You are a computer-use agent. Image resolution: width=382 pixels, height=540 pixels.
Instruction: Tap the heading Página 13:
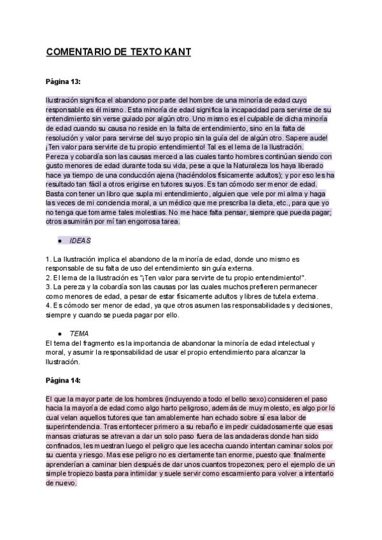pos(63,82)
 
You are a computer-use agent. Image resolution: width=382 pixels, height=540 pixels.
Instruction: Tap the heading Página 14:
pos(63,380)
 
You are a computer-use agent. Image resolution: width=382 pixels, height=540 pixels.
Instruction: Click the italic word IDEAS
pos(80,241)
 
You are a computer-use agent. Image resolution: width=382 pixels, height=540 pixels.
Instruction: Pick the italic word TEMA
pos(79,333)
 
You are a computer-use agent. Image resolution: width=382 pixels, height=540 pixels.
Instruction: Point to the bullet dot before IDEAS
pos(59,242)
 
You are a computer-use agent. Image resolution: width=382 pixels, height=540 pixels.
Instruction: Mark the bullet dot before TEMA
pos(59,334)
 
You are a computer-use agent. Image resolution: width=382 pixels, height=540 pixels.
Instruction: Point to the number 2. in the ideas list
pos(48,278)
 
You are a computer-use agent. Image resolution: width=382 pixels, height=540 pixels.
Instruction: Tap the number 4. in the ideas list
pos(48,305)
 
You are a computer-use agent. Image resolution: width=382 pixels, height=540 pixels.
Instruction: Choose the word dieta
pos(262,202)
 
